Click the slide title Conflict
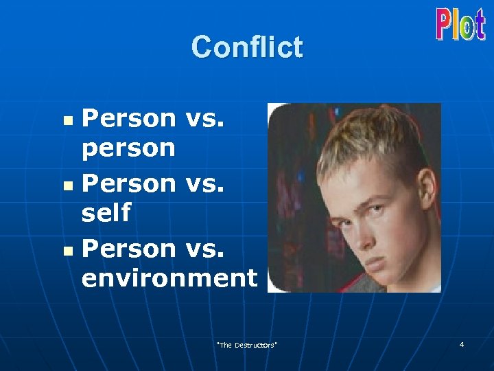click(x=247, y=47)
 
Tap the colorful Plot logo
click(x=460, y=24)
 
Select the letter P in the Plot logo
click(x=444, y=24)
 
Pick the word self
click(x=106, y=213)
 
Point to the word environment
click(x=169, y=278)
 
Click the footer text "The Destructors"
click(x=247, y=344)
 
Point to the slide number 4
click(x=462, y=344)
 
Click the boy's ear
click(x=427, y=188)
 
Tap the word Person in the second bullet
click(x=128, y=183)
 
